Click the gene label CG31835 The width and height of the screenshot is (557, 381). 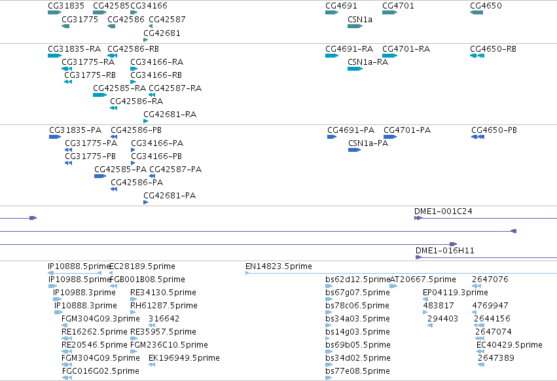point(66,6)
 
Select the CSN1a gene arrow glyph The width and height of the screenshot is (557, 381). point(355,26)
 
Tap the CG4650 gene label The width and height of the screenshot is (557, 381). point(486,6)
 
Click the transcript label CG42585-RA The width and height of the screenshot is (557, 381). point(119,88)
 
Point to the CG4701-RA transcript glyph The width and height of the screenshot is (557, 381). point(389,56)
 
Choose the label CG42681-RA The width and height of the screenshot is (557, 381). point(170,115)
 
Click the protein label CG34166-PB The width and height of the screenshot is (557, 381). point(156,156)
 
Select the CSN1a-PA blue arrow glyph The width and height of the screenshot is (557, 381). point(355,150)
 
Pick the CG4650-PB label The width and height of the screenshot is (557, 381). point(494,130)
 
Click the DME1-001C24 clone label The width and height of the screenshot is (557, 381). point(443,211)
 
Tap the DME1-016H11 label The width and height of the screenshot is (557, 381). point(444,251)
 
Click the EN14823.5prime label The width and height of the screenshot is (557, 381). point(279,266)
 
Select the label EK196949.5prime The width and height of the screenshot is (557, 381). point(184,358)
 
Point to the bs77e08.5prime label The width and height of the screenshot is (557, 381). point(357,371)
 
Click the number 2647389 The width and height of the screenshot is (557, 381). point(496,358)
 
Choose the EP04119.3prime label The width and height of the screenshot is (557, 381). point(456,293)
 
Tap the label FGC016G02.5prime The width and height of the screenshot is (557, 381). point(100,371)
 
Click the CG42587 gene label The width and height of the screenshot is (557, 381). point(167,20)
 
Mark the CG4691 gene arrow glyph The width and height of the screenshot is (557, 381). point(332,12)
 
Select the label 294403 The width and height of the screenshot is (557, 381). point(442,319)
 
